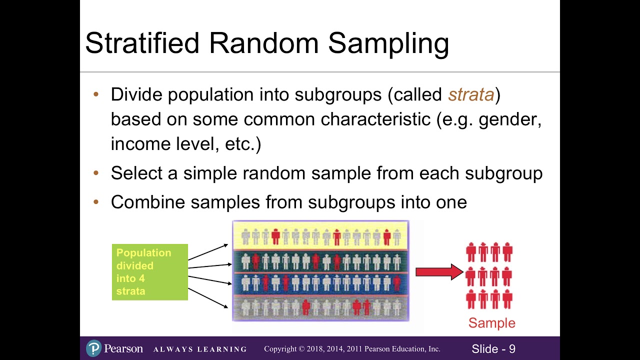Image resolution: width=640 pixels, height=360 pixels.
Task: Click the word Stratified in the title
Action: [142, 43]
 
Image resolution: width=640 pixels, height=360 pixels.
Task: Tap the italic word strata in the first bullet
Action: [471, 94]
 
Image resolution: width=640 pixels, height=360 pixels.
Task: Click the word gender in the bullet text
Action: [509, 119]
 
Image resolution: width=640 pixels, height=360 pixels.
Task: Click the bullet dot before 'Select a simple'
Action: [96, 173]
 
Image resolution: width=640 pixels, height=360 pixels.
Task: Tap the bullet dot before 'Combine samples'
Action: [96, 202]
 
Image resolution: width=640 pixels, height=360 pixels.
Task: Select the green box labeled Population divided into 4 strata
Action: [150, 272]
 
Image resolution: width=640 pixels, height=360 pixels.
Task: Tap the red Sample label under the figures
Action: [491, 323]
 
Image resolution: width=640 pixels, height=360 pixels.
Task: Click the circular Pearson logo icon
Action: [93, 348]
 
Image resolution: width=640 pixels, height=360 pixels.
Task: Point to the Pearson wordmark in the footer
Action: [123, 348]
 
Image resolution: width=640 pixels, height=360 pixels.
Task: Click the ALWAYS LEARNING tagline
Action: [200, 349]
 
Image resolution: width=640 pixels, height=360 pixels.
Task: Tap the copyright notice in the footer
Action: [352, 349]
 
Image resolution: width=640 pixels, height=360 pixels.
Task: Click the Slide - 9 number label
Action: [493, 349]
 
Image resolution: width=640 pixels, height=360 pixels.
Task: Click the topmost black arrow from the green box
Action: [208, 252]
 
